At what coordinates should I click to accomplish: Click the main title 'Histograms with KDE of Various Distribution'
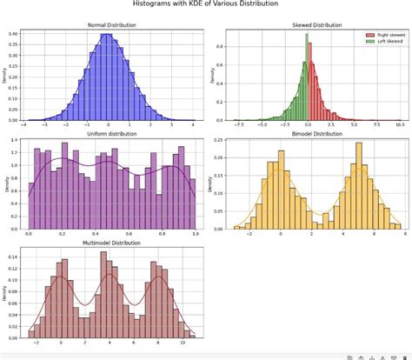(205, 5)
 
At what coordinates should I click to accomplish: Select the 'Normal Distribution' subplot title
(110, 24)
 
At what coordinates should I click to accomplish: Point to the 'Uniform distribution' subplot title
(110, 133)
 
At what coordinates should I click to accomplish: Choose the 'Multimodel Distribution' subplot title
(110, 243)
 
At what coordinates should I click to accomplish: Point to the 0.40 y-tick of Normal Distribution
(11, 34)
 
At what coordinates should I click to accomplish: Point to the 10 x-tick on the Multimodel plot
(182, 343)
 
